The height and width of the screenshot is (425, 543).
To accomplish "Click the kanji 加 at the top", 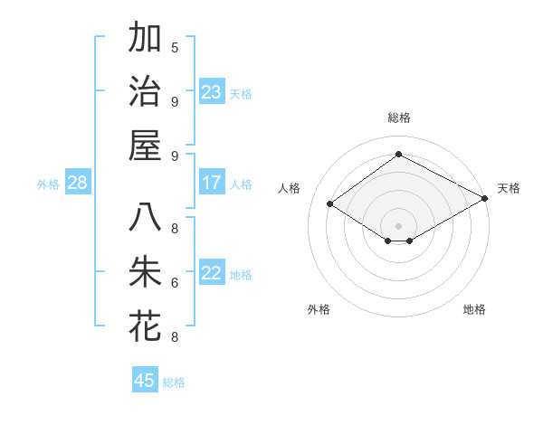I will click(x=145, y=39).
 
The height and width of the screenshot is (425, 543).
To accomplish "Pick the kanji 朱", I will click(x=145, y=272).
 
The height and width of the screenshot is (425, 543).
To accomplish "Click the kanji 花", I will click(x=145, y=326).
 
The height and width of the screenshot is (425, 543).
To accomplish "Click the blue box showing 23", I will click(x=212, y=92).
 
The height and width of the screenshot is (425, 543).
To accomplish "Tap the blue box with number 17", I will click(x=212, y=183).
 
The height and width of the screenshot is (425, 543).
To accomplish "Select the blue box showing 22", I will click(x=212, y=274).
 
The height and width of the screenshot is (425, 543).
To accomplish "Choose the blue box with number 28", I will click(x=78, y=184).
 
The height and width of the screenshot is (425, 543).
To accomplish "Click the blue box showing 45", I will click(x=145, y=381).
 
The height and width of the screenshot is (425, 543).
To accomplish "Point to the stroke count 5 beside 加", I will click(x=175, y=48).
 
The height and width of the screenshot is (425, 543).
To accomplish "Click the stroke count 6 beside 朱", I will click(x=175, y=283).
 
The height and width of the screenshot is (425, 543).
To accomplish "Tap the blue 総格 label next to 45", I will click(x=174, y=382).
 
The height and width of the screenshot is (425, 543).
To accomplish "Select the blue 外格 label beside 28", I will click(x=48, y=184).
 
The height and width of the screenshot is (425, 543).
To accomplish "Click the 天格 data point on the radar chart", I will click(x=485, y=199).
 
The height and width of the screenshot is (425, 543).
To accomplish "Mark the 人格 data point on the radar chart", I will click(x=330, y=204).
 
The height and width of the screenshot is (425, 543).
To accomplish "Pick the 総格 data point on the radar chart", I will click(x=398, y=154).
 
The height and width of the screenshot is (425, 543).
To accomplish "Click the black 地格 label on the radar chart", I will click(x=474, y=309).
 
